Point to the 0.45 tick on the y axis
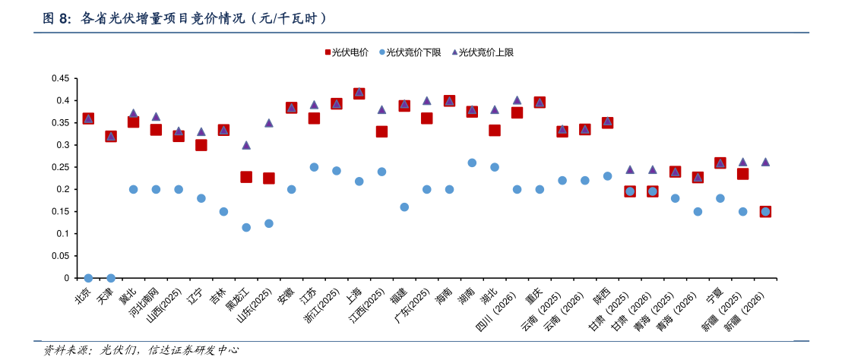60,78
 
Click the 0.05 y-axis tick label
60,256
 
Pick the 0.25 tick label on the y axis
60,167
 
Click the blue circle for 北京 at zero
88,278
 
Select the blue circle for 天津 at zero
111,278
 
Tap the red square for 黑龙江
246,177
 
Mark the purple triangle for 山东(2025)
269,122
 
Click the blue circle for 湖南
472,163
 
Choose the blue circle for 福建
404,207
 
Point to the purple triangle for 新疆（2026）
765,162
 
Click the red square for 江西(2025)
381,131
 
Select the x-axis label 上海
354,295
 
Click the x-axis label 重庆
533,295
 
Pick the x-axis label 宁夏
714,295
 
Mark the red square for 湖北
495,131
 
